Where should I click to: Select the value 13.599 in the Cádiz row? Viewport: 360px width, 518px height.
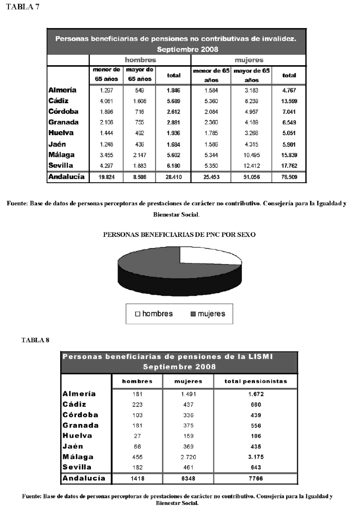[x=289, y=101]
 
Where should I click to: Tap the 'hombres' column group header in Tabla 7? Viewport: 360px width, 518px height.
[x=140, y=60]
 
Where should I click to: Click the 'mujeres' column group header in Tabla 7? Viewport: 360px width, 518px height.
[x=249, y=60]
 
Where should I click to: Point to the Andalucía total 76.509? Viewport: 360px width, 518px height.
[x=289, y=177]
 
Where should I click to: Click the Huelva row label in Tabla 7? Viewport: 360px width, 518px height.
[x=61, y=133]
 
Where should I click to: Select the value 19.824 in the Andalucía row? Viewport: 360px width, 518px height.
[x=105, y=177]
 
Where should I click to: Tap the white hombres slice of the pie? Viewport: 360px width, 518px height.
[x=208, y=255]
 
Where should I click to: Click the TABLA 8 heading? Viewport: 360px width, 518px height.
[x=35, y=340]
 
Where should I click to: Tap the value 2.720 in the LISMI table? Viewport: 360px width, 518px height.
[x=188, y=457]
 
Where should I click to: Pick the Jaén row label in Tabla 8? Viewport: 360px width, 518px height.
[x=73, y=446]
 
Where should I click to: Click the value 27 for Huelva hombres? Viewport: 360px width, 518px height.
[x=137, y=436]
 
